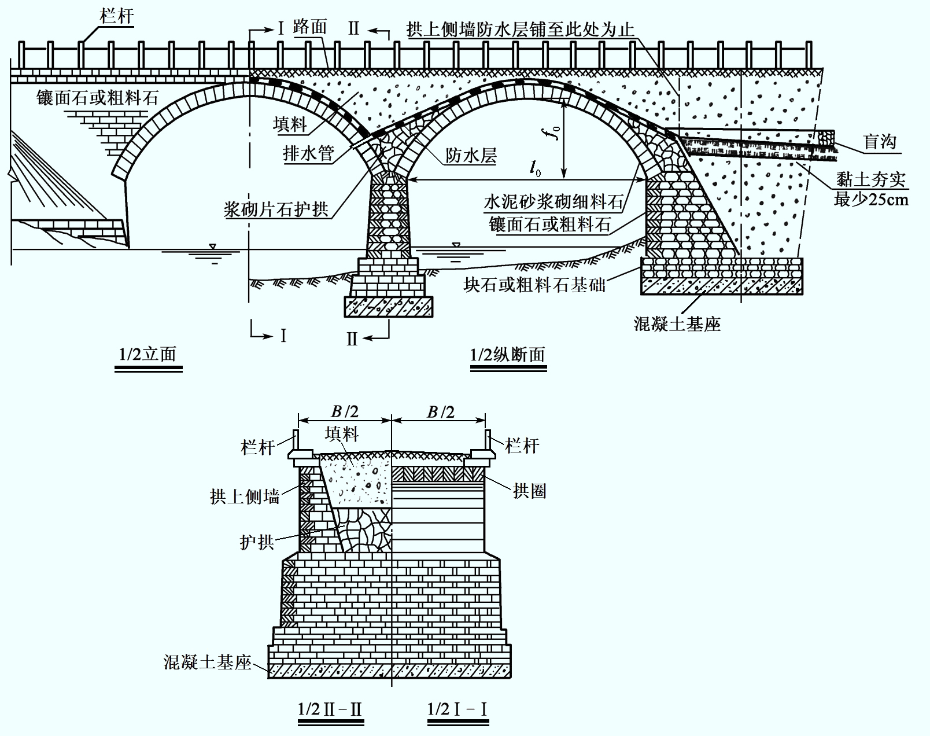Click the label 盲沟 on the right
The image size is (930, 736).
tap(880, 142)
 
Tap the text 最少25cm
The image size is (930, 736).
tap(871, 200)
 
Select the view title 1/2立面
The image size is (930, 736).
tap(147, 355)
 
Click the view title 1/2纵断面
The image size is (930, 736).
tap(507, 355)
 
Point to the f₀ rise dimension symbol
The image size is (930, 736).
tap(555, 132)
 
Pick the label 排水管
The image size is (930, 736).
tap(309, 153)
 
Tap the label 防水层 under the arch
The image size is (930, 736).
tap(471, 155)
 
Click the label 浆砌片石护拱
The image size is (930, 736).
tap(276, 209)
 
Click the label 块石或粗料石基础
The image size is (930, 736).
tap(534, 285)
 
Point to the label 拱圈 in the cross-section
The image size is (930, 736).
tap(529, 491)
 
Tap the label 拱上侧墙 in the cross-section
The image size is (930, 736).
tap(245, 497)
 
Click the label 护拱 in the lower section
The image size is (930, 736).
tap(257, 542)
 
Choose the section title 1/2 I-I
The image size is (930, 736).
tap(457, 709)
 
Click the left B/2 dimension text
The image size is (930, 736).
tap(345, 411)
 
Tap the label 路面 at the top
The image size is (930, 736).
tap(309, 27)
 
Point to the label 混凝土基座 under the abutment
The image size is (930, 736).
tap(677, 324)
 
